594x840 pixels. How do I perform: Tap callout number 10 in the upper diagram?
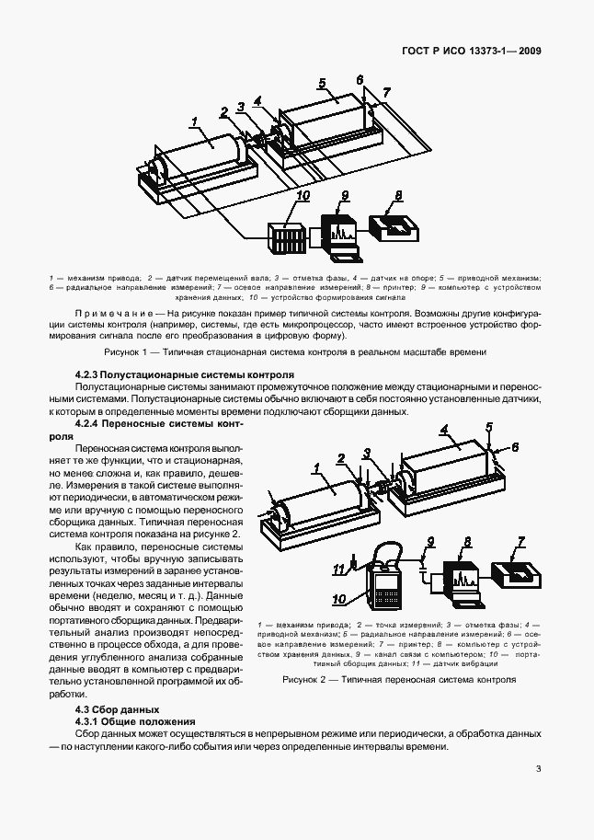(x=303, y=196)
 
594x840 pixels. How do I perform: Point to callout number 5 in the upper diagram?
(x=323, y=84)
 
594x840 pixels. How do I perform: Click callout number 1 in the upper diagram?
(x=194, y=121)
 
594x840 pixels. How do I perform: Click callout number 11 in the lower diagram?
(x=337, y=568)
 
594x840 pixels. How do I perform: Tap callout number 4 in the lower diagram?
(x=444, y=430)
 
